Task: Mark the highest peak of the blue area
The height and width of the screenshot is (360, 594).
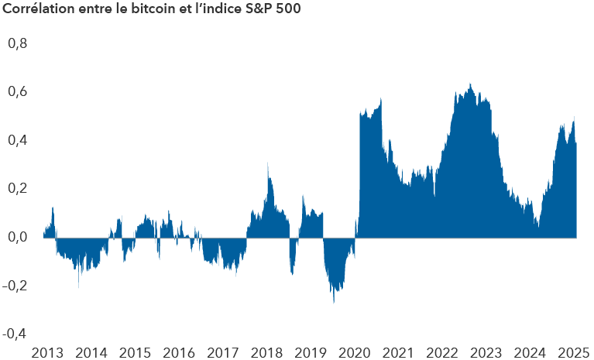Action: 470,84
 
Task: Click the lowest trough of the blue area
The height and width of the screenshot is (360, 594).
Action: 334,302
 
